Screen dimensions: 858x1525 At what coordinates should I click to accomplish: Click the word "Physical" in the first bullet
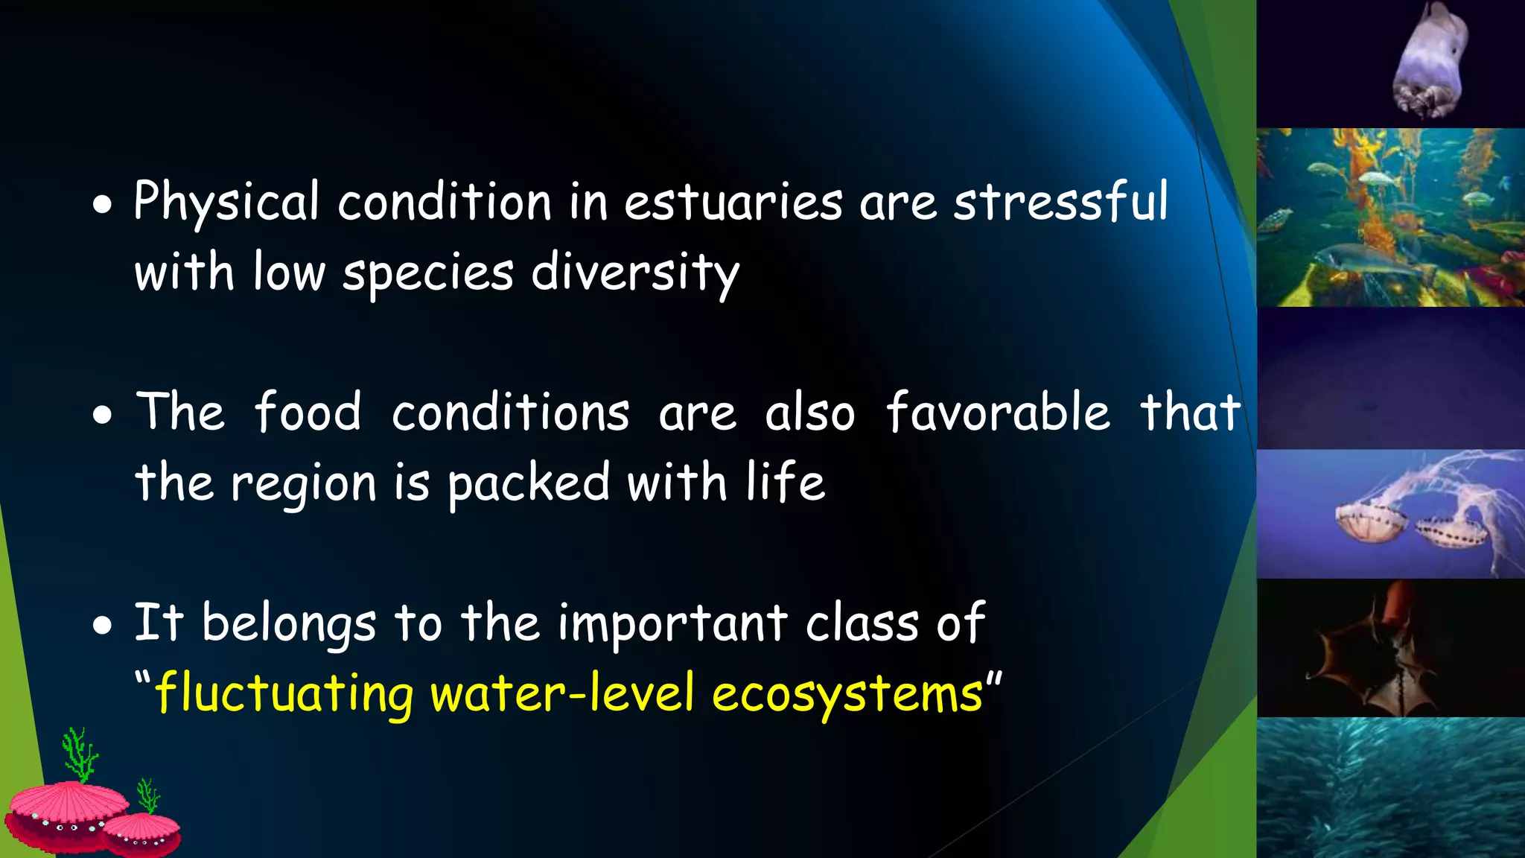point(226,203)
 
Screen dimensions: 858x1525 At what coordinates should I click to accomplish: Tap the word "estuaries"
point(733,203)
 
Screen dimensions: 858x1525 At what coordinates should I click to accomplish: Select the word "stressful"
point(1061,203)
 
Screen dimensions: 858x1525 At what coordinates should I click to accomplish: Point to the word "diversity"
point(634,273)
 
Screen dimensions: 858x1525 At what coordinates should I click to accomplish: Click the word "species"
point(427,273)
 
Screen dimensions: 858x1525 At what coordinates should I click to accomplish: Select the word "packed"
point(529,483)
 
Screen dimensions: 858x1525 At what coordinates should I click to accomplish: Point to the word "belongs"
point(289,624)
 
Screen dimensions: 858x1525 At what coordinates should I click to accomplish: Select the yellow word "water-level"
point(562,693)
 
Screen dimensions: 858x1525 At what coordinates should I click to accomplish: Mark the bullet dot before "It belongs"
point(103,626)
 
